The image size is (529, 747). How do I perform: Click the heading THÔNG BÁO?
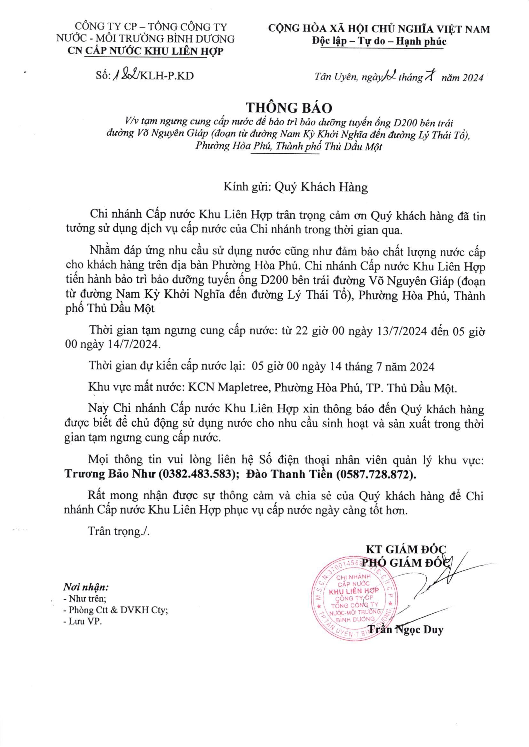[x=289, y=107]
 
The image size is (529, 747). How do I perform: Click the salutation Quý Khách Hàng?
[x=321, y=187]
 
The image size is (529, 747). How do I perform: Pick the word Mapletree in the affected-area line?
[x=244, y=388]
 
